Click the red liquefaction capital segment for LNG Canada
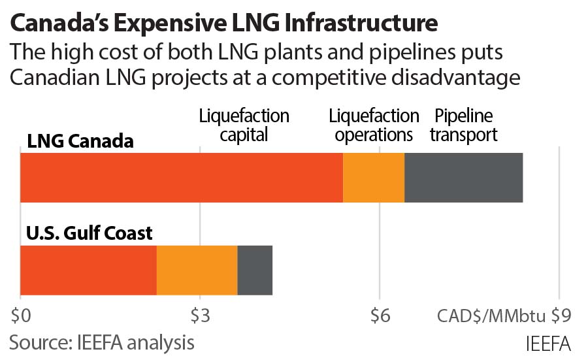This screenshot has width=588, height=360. [x=182, y=178]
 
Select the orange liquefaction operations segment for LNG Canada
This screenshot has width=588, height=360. [x=374, y=178]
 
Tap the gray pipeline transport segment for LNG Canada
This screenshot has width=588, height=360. [x=464, y=178]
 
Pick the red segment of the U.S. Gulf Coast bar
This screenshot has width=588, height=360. [x=89, y=270]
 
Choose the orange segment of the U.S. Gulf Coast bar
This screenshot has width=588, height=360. [x=197, y=270]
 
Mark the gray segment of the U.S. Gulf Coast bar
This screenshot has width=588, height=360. [x=255, y=270]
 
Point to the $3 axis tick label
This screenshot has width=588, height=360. [x=201, y=316]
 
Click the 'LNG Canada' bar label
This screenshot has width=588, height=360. [x=80, y=141]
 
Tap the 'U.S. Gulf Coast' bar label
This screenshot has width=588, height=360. [x=90, y=233]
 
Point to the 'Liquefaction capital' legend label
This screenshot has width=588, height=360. [x=244, y=125]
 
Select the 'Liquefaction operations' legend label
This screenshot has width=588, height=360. [x=374, y=125]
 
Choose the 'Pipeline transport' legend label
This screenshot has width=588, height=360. [x=465, y=125]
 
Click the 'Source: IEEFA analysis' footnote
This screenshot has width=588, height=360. [x=102, y=342]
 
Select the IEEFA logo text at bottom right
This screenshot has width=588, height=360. [x=547, y=343]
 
